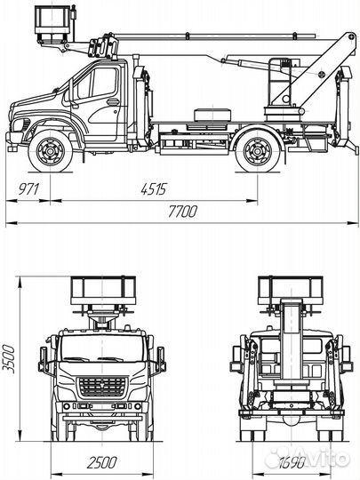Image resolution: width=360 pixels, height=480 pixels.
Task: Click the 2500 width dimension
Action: pyautogui.click(x=103, y=460)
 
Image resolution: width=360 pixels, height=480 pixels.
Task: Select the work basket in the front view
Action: pyautogui.click(x=102, y=290)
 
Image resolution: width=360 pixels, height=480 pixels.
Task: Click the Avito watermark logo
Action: pyautogui.click(x=324, y=458)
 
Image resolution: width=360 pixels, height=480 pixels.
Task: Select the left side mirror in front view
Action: pyautogui.click(x=43, y=360)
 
